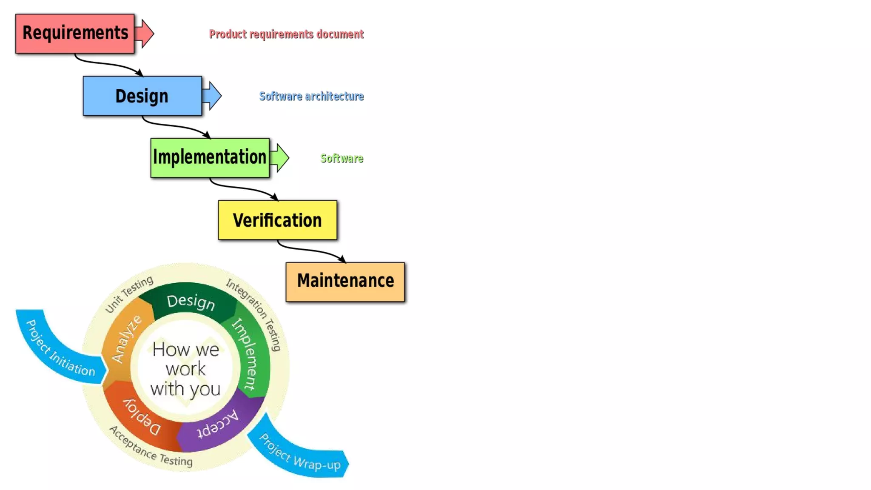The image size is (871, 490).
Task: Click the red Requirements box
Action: tap(75, 33)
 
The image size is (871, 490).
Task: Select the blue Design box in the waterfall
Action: tap(142, 96)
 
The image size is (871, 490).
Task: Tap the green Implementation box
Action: tap(210, 157)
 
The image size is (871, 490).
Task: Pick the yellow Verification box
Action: tap(277, 220)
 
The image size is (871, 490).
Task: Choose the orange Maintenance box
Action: tap(345, 282)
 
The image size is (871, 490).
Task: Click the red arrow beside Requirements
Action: tap(145, 33)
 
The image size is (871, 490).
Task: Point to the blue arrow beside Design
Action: tap(213, 96)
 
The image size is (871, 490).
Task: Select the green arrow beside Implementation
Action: tap(280, 157)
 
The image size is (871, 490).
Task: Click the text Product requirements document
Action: tap(286, 34)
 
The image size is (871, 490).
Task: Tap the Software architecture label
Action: tap(311, 96)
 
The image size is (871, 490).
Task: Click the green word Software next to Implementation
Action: tap(342, 158)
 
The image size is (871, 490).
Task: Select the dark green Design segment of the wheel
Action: tap(191, 302)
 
